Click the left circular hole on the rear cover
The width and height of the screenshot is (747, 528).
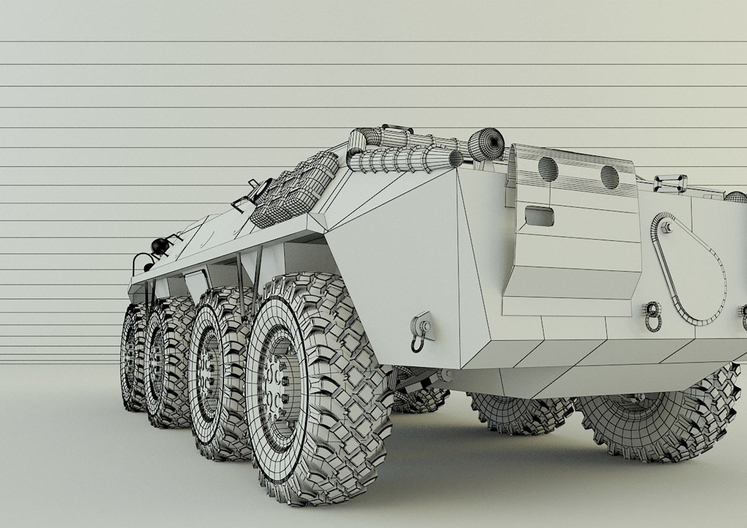pyautogui.click(x=548, y=168)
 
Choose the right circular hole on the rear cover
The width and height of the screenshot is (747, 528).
pyautogui.click(x=609, y=177)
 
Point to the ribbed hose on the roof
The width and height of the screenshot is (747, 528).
pyautogui.click(x=401, y=159)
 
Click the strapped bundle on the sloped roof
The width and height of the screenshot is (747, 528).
pyautogui.click(x=296, y=191)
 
